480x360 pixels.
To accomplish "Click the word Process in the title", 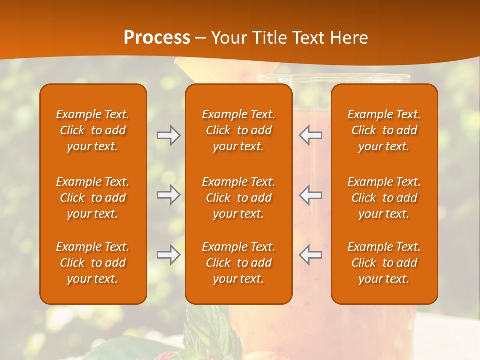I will (157, 38).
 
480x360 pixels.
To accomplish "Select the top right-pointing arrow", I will (168, 135).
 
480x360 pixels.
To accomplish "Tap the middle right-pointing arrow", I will (168, 195).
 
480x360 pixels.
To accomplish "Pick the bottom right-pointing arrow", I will (168, 255).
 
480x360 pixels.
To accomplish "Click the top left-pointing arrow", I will (310, 135).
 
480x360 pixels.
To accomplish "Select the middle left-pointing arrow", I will (310, 195).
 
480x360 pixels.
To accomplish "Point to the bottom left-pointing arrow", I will (310, 255).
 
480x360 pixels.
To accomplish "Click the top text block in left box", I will (93, 130).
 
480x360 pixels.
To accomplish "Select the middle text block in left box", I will (93, 198).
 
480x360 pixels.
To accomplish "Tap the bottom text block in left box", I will (93, 263).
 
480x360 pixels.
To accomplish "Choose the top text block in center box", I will (238, 130).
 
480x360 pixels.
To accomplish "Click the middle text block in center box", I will (238, 198).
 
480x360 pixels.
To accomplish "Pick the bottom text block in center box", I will (238, 263).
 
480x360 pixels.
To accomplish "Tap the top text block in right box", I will (384, 130).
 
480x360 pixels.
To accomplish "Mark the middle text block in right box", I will (384, 198).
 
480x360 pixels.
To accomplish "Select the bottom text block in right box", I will (384, 263).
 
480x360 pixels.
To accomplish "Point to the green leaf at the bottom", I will (210, 330).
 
